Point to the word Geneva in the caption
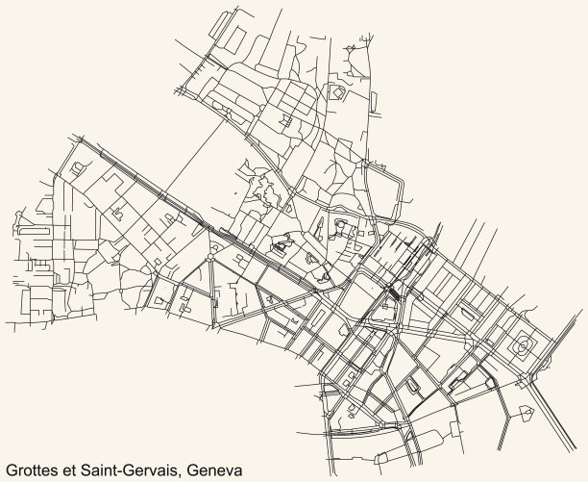tap(216, 469)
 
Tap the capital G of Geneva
tap(196, 469)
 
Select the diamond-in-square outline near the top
tap(337, 91)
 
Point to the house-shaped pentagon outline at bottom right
tap(527, 414)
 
